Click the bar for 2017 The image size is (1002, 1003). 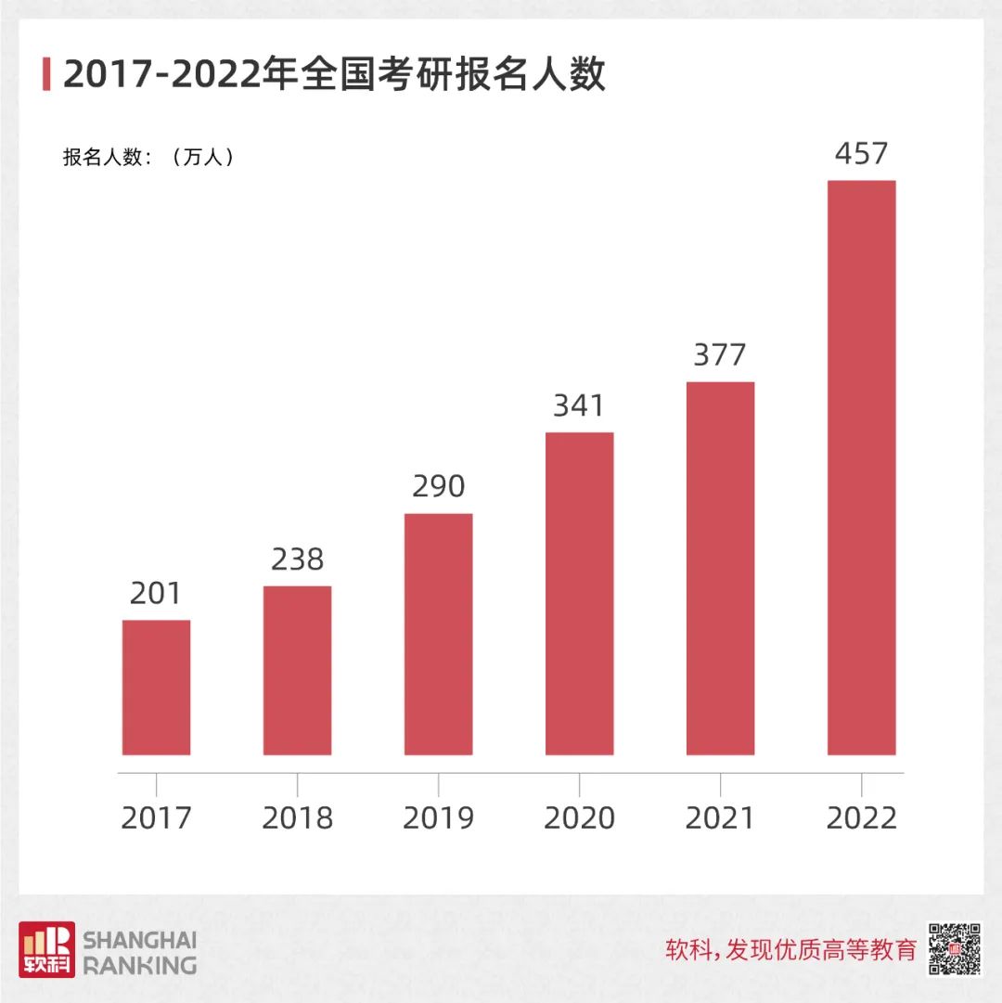(x=156, y=688)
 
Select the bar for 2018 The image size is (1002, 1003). (x=297, y=670)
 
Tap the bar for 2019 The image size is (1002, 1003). (x=438, y=634)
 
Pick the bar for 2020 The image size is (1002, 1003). (x=579, y=594)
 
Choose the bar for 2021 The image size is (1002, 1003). (x=720, y=568)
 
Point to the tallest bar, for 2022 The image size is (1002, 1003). (x=861, y=468)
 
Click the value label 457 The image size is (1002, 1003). (x=861, y=153)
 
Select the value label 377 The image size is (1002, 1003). (x=720, y=354)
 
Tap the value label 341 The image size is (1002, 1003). (x=579, y=405)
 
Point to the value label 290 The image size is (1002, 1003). (x=438, y=486)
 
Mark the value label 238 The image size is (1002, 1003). (x=297, y=559)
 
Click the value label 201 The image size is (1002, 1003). (x=156, y=594)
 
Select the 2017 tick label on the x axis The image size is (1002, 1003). (x=156, y=817)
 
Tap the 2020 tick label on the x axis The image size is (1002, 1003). (x=579, y=817)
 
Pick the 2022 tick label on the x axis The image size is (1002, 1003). (x=861, y=817)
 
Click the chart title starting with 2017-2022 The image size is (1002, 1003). (x=334, y=74)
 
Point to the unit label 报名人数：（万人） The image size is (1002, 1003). (x=148, y=157)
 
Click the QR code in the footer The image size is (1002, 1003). (x=955, y=949)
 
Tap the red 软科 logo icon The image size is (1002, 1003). (x=46, y=949)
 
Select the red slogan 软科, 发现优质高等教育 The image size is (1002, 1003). (x=790, y=950)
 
